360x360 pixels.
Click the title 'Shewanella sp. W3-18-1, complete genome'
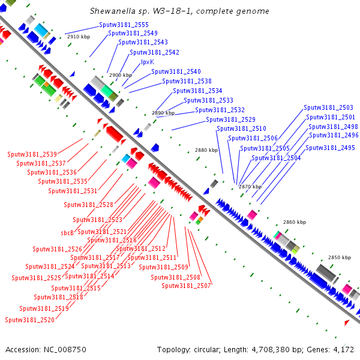click(179, 11)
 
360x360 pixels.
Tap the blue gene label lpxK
click(148, 62)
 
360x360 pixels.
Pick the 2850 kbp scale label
click(339, 257)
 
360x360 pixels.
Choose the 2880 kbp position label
click(207, 150)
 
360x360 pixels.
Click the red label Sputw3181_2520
click(29, 320)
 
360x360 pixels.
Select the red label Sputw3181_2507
click(186, 286)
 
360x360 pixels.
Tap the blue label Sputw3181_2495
click(331, 148)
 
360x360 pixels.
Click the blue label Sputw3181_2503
click(328, 107)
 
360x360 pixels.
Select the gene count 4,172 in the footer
click(344, 349)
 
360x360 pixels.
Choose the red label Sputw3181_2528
click(88, 205)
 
